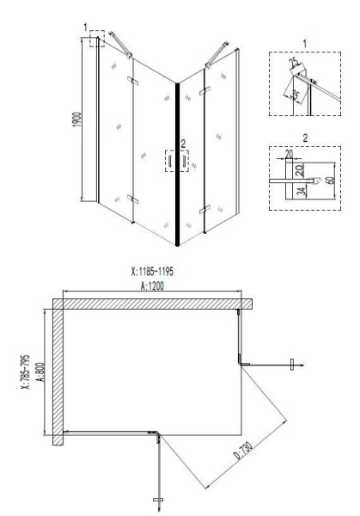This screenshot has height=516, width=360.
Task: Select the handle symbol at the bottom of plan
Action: pos(158,498)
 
